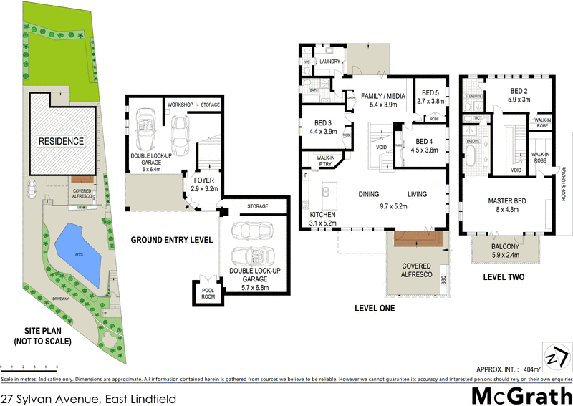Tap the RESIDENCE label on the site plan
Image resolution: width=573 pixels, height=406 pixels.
coord(61,141)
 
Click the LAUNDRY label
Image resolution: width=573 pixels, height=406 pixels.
coord(329,62)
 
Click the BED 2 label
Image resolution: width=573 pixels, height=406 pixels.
coord(519,91)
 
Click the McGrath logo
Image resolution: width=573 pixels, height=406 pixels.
coord(521,395)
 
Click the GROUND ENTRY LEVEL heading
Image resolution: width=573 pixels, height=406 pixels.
coord(171,240)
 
